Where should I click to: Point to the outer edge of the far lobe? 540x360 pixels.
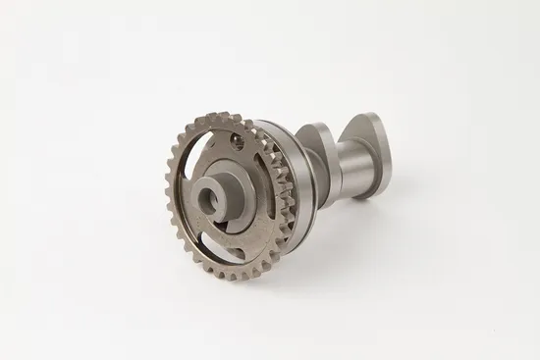[389, 147]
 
